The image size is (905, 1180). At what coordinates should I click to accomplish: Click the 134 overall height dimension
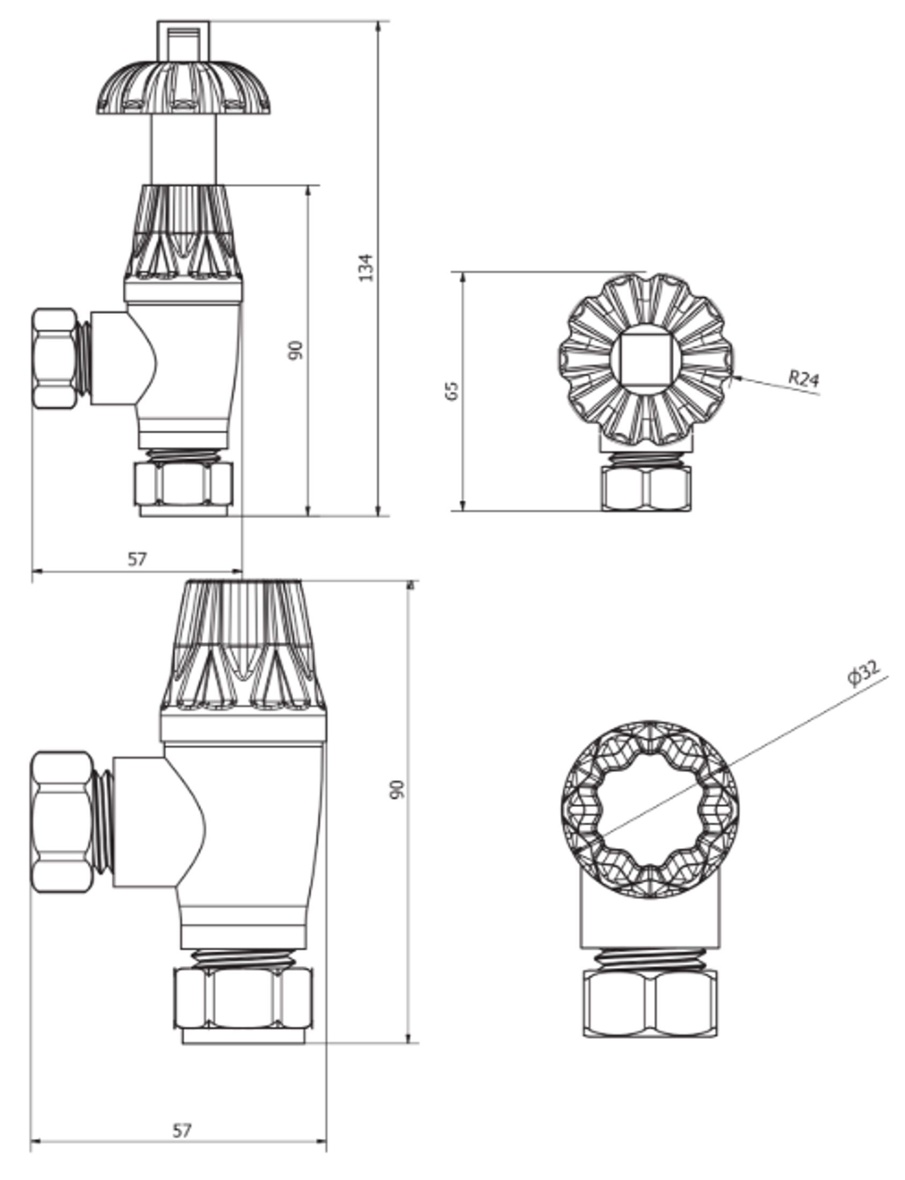tap(366, 267)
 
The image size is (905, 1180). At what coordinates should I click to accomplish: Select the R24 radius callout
tap(803, 378)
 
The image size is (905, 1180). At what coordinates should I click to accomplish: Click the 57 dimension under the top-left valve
tap(137, 559)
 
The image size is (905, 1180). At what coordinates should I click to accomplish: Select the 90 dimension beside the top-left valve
tap(296, 350)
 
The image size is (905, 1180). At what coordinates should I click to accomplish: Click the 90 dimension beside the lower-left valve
tap(396, 790)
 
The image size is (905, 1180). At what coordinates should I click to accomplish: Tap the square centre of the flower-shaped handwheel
tap(645, 357)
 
